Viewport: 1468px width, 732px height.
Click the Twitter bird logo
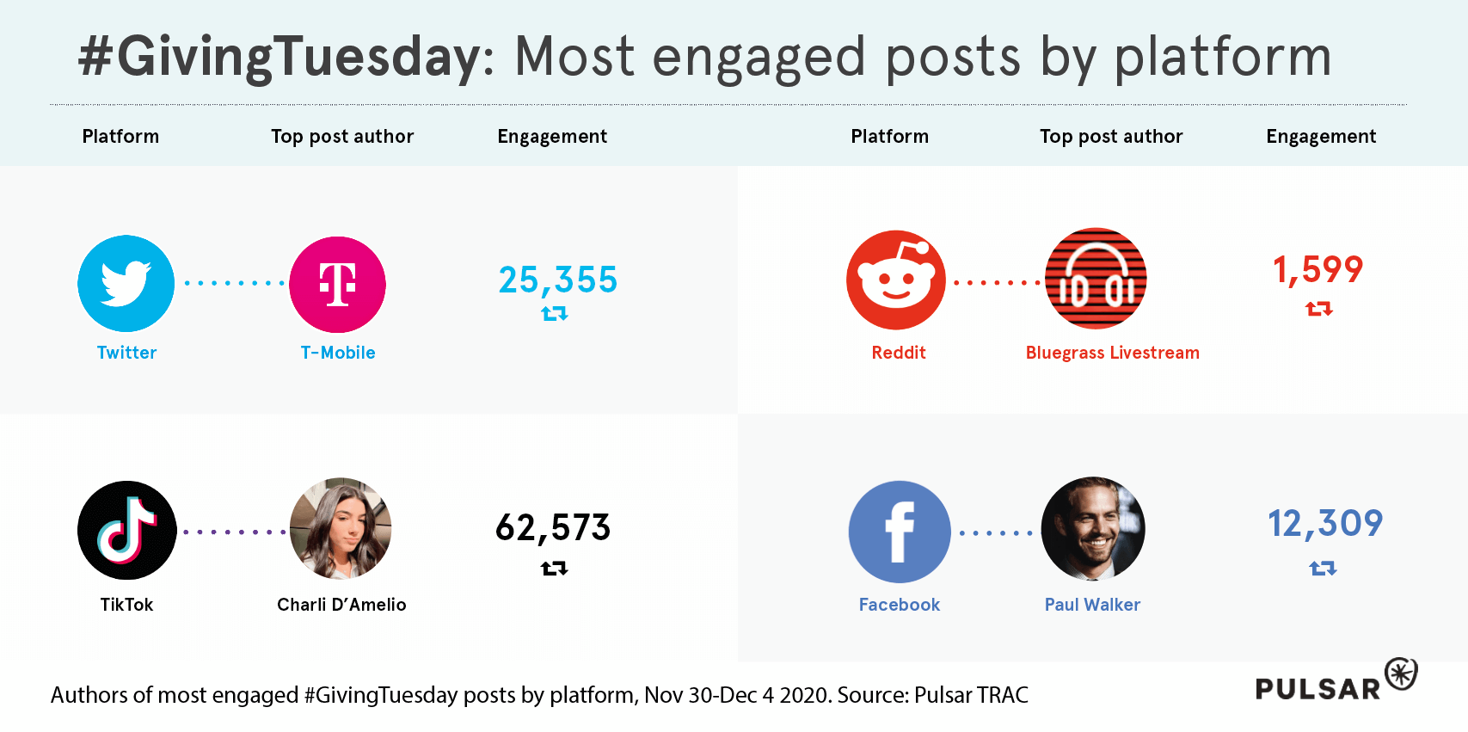126,283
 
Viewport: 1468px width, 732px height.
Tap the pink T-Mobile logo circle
337,284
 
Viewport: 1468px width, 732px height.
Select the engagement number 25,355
557,280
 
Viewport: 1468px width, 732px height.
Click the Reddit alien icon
896,280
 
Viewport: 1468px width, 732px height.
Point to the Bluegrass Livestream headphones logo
1096,279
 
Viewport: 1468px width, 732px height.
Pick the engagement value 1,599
1318,269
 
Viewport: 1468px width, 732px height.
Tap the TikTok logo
127,530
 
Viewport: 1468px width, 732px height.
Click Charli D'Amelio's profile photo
341,528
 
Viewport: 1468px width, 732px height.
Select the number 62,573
553,527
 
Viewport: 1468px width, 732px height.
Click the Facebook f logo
900,532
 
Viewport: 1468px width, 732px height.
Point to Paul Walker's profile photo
1093,529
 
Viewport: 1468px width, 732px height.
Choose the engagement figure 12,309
1325,523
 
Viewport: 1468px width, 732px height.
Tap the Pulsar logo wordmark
1318,689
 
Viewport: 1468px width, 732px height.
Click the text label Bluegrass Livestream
1112,353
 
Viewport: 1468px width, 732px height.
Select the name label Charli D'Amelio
341,605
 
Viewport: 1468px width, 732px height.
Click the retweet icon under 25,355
555,314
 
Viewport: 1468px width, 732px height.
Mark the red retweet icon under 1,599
1318,308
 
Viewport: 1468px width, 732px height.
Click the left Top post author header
342,137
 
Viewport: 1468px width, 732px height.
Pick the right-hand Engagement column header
1321,137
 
